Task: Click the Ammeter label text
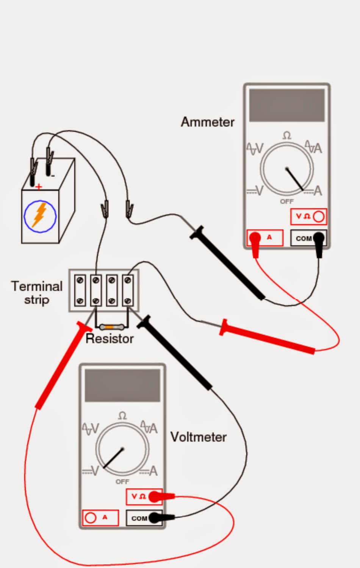coord(207,122)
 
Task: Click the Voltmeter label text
coord(198,437)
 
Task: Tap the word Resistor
coord(110,338)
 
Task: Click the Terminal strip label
coord(36,292)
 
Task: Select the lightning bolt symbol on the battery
coord(40,215)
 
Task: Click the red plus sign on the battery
coord(39,187)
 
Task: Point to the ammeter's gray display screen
coord(286,105)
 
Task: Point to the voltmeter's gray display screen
coord(122,385)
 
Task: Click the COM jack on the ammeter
coord(319,238)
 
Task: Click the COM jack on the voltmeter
coord(154,518)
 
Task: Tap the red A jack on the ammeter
coord(255,238)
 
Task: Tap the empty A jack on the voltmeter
coord(91,518)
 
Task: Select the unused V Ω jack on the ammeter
coord(319,217)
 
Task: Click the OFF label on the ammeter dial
coord(286,201)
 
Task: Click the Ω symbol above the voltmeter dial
coord(122,416)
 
